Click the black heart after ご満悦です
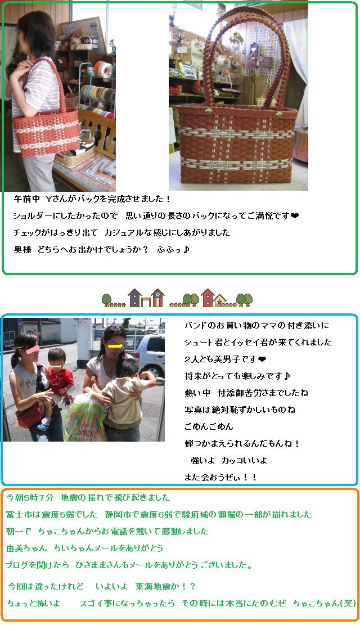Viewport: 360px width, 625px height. (x=295, y=216)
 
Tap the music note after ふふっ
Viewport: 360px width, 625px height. (x=186, y=250)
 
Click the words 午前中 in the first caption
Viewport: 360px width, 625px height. (x=26, y=199)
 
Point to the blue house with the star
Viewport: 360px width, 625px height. (x=135, y=298)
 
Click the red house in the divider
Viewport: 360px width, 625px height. (x=208, y=298)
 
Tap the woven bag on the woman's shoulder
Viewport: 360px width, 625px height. (x=46, y=125)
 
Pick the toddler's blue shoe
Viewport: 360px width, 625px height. (x=43, y=423)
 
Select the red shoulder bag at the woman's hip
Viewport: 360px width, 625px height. (x=29, y=415)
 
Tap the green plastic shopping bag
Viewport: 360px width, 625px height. (x=85, y=419)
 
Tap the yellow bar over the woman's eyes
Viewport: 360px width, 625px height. (x=114, y=347)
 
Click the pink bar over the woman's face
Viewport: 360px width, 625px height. (x=32, y=349)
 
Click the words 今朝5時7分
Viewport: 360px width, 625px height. (x=29, y=497)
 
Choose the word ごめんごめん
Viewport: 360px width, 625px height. (x=209, y=426)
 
